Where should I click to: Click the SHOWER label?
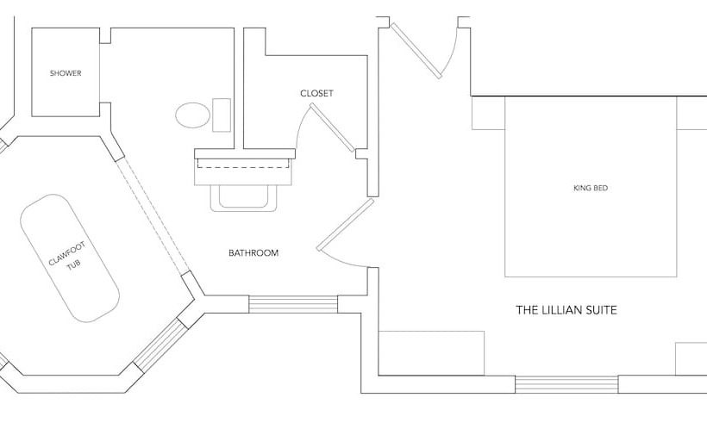(x=66, y=73)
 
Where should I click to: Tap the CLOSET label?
(x=317, y=93)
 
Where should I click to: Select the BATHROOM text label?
(x=253, y=253)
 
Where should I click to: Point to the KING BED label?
(x=591, y=188)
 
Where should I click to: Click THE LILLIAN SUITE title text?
(x=566, y=310)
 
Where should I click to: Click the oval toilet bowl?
(x=192, y=115)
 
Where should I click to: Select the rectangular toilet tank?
(x=222, y=115)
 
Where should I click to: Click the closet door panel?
(x=332, y=127)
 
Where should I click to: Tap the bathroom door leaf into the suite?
(x=346, y=225)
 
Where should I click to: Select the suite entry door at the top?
(x=416, y=51)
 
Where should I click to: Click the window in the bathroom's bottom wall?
(x=293, y=304)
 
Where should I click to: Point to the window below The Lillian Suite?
(x=566, y=384)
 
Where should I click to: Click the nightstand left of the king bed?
(x=488, y=113)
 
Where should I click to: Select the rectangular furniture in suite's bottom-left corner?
(x=431, y=353)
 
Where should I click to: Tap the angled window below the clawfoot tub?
(x=160, y=344)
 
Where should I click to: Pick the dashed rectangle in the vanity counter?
(x=243, y=163)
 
